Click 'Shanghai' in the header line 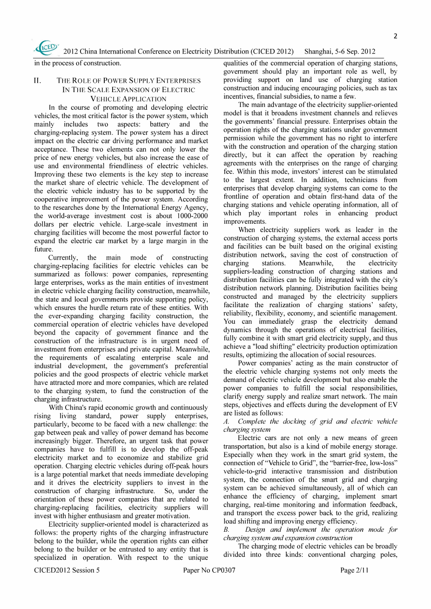pyautogui.click(x=319, y=52)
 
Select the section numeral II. pyautogui.click(x=38, y=81)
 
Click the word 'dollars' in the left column pyautogui.click(x=45, y=225)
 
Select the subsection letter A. pyautogui.click(x=226, y=422)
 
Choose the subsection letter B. pyautogui.click(x=226, y=530)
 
